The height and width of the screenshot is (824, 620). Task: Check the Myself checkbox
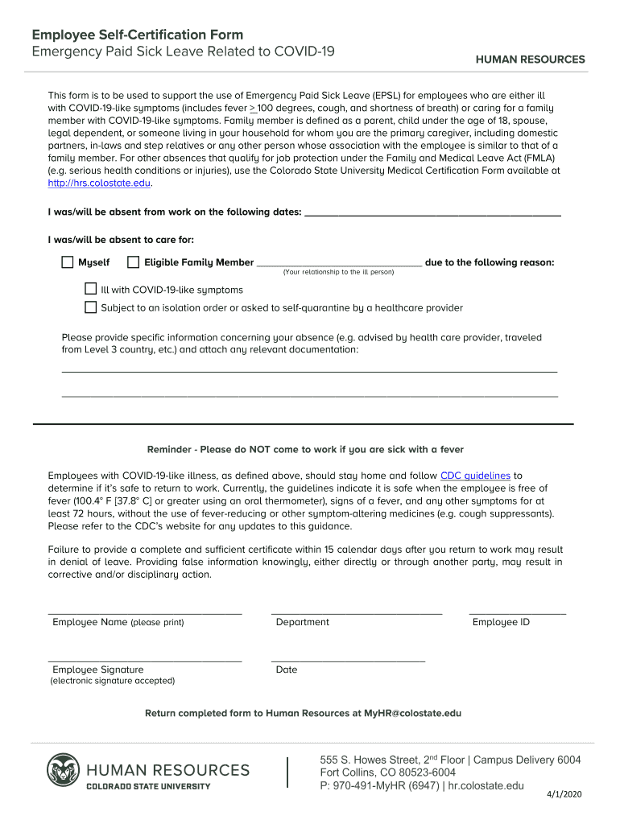coord(68,262)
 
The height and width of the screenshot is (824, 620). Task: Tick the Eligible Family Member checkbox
coord(134,262)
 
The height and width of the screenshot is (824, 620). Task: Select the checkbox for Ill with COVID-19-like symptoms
coord(91,289)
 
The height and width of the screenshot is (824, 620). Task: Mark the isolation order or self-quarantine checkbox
coord(91,307)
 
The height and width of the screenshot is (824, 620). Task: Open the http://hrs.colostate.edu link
coord(99,183)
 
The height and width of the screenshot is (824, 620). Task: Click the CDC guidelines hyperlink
coord(475,476)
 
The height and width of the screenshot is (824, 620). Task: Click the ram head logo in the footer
coord(63,772)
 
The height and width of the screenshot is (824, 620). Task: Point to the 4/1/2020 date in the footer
coord(564,794)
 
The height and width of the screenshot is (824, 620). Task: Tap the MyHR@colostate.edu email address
coord(412,713)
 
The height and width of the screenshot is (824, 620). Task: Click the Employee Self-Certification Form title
coord(137,35)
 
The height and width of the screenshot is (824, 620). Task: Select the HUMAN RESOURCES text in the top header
coord(530,60)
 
